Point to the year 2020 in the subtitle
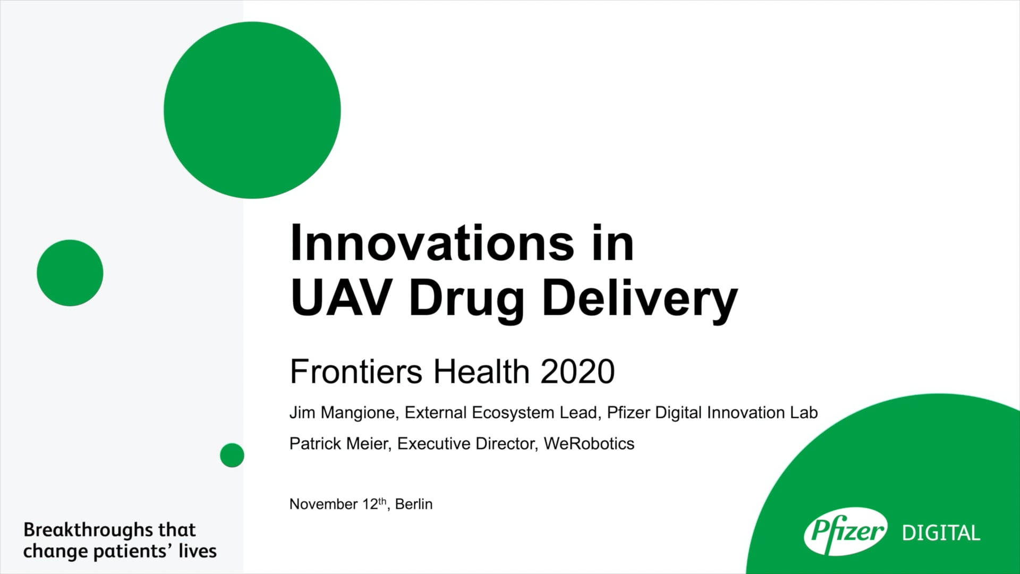pyautogui.click(x=577, y=372)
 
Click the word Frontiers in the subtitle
pyautogui.click(x=356, y=372)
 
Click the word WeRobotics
pyautogui.click(x=589, y=444)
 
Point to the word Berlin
pyautogui.click(x=414, y=504)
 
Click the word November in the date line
pyautogui.click(x=324, y=504)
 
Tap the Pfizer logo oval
pyautogui.click(x=845, y=531)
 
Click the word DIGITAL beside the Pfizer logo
pyautogui.click(x=941, y=533)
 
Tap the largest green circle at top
pyautogui.click(x=252, y=110)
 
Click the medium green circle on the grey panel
pyautogui.click(x=70, y=273)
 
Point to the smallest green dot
pyautogui.click(x=232, y=455)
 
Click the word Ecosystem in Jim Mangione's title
pyautogui.click(x=513, y=413)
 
